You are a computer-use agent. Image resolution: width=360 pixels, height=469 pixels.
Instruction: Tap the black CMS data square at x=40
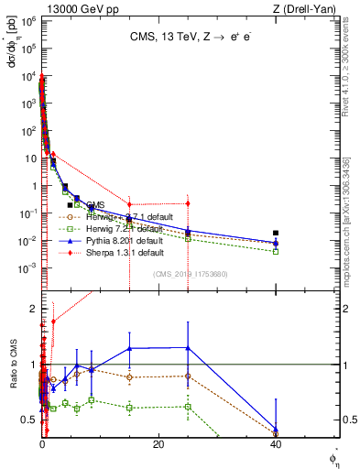276,233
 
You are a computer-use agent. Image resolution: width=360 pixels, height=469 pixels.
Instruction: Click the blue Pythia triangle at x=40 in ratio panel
276,428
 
